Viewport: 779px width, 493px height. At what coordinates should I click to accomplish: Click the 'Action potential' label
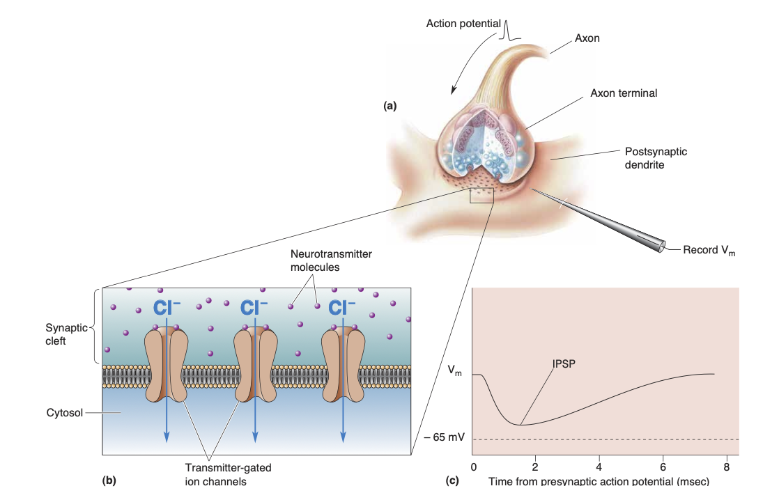pyautogui.click(x=463, y=24)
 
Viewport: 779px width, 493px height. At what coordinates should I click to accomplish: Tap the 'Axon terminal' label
pyautogui.click(x=623, y=93)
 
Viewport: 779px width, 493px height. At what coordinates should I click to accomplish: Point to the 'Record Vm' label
pyautogui.click(x=708, y=250)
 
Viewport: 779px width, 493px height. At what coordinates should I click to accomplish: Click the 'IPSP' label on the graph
pyautogui.click(x=564, y=363)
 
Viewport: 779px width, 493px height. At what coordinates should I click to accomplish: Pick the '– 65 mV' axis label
pyautogui.click(x=444, y=439)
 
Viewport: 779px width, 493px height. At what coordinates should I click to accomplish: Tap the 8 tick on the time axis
pyautogui.click(x=726, y=467)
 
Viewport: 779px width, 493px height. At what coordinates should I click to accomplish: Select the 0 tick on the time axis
pyautogui.click(x=473, y=467)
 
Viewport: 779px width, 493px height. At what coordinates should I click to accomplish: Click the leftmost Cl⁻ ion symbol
pyautogui.click(x=166, y=307)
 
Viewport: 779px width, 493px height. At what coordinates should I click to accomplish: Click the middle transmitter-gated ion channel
pyautogui.click(x=254, y=366)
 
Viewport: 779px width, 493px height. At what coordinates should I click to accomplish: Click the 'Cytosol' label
pyautogui.click(x=63, y=413)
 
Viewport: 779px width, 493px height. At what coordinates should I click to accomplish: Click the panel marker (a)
pyautogui.click(x=389, y=106)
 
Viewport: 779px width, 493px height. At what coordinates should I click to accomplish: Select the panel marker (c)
pyautogui.click(x=453, y=480)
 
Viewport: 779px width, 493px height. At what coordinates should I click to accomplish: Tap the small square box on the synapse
pyautogui.click(x=481, y=195)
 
